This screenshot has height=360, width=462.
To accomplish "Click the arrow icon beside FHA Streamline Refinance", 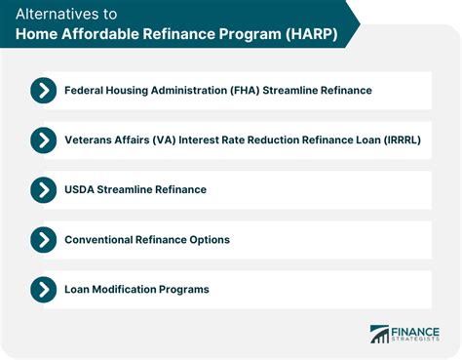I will pos(43,91).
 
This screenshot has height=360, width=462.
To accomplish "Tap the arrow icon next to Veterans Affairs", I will pos(43,140).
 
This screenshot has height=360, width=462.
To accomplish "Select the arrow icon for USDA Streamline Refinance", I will pos(43,189).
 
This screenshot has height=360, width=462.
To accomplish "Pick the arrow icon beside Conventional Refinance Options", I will pos(43,239).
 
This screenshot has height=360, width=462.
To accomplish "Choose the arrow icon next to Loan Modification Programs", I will pos(43,289).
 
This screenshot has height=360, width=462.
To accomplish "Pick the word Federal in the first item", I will pos(87,91).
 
